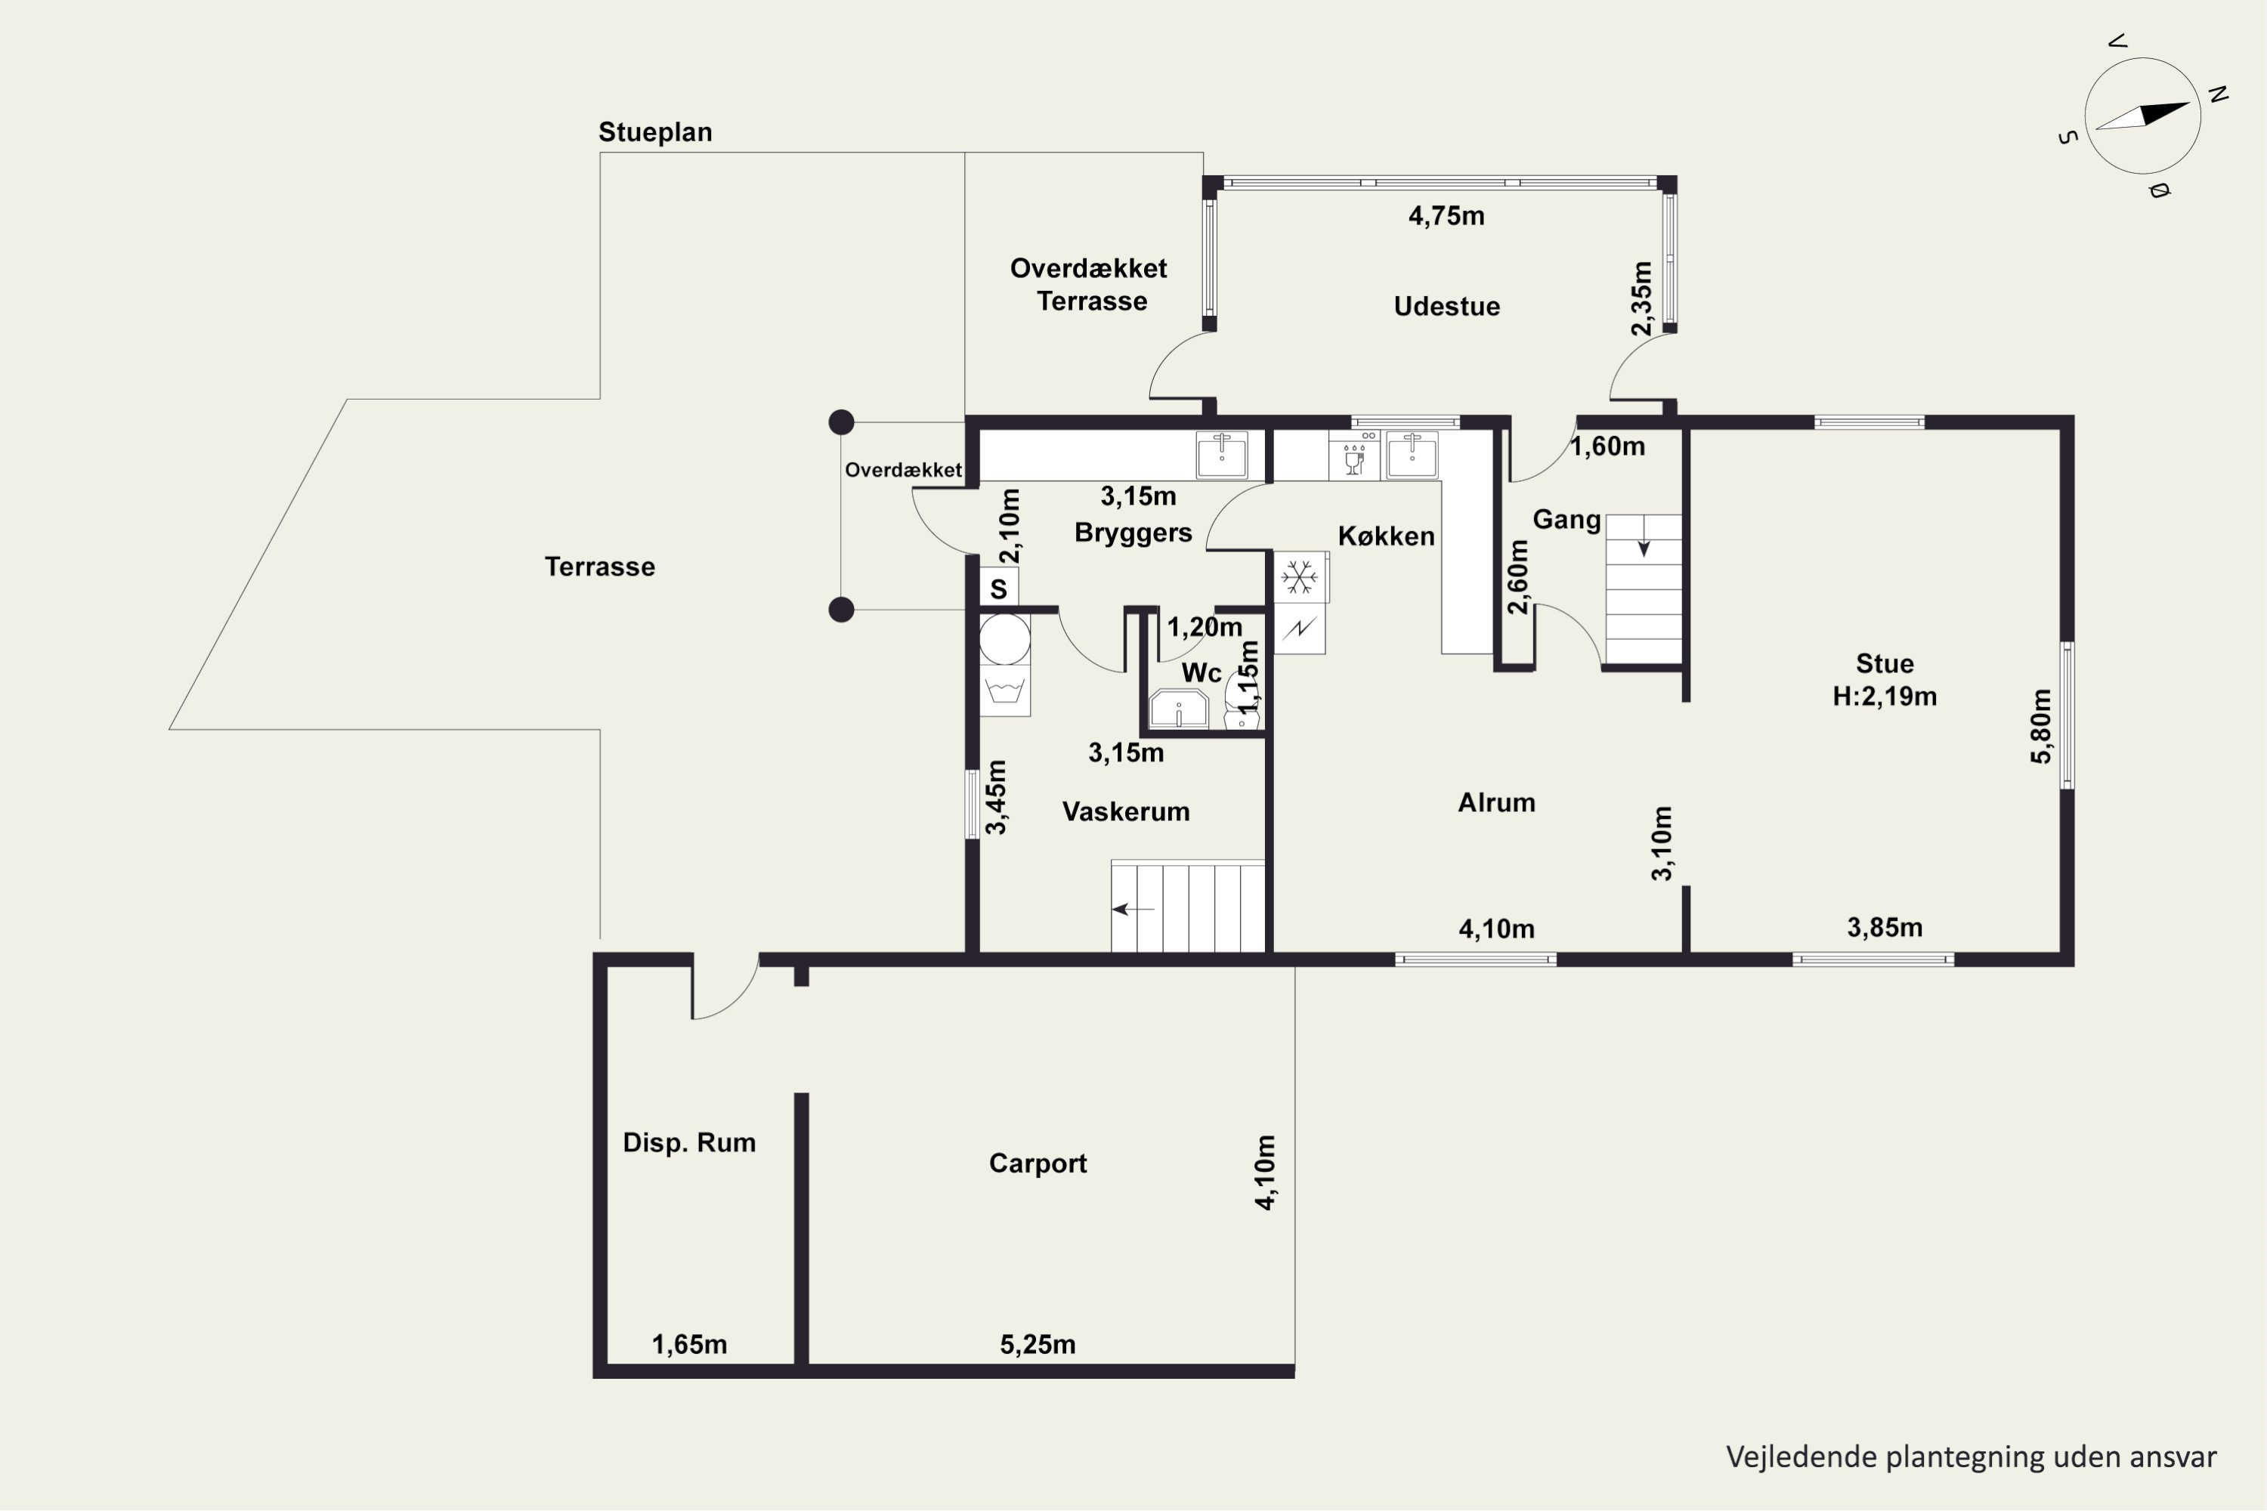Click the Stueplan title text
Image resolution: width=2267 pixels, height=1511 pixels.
coord(655,132)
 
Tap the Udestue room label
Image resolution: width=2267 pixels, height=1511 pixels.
coord(1447,307)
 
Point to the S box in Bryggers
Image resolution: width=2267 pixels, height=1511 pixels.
coord(998,588)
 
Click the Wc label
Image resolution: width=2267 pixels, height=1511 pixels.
coord(1202,672)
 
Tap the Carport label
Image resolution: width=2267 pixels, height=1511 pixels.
coord(1038,1163)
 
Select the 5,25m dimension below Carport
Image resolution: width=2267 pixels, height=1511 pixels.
coord(1038,1344)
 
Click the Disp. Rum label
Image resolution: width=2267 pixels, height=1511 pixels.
coord(689,1143)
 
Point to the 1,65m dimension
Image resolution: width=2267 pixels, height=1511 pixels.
coord(689,1344)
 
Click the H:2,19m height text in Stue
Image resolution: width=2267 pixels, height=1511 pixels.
coord(1885,697)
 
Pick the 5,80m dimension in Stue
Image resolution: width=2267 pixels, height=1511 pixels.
coord(2040,727)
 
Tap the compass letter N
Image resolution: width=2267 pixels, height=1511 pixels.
coord(2218,94)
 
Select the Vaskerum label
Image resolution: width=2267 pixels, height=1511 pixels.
coord(1126,811)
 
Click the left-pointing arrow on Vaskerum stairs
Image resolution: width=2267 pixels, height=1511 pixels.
coord(1133,909)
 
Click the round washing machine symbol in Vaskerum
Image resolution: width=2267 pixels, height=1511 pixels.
coord(1004,639)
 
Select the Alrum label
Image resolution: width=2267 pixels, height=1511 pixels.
coord(1497,802)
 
